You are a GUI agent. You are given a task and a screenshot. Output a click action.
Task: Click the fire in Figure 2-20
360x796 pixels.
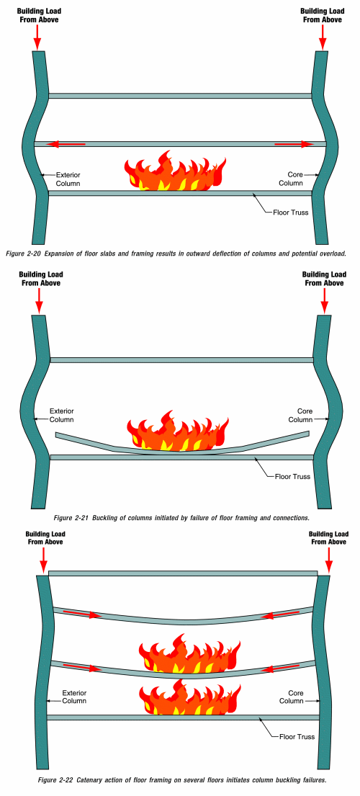coord(175,171)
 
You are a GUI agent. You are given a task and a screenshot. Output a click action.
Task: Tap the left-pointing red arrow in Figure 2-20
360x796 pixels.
coord(66,145)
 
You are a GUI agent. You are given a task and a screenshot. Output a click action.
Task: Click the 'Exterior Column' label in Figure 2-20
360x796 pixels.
coord(68,179)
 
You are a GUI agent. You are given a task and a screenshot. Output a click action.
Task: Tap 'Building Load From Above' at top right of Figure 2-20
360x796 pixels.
coord(322,15)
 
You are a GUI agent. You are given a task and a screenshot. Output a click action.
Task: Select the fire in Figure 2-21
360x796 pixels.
coord(178,431)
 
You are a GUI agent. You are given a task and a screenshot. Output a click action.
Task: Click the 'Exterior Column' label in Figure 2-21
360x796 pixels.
coord(62,415)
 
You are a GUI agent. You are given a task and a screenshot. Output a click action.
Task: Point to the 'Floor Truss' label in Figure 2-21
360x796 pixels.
coord(292,477)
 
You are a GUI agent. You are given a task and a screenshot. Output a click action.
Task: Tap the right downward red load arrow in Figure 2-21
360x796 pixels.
coord(325,300)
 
